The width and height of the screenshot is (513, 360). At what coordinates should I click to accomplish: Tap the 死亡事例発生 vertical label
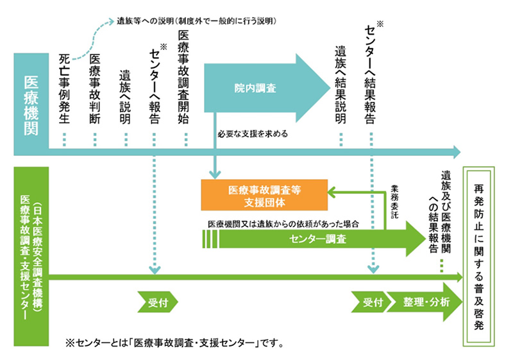pyautogui.click(x=65, y=89)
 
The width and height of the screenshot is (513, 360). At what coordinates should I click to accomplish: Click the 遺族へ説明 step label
pyautogui.click(x=125, y=96)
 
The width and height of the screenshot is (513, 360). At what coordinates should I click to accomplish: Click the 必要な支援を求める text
pyautogui.click(x=253, y=135)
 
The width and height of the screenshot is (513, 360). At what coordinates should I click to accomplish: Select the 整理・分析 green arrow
pyautogui.click(x=426, y=302)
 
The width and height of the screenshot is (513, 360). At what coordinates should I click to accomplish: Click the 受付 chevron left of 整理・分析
pyautogui.click(x=371, y=302)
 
